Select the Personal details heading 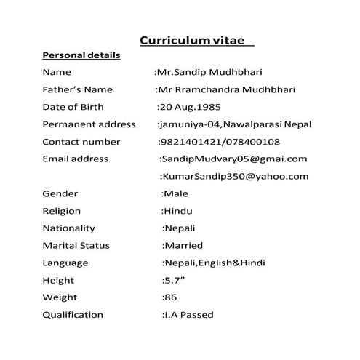tap(81, 55)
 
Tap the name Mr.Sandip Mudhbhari tap(209, 72)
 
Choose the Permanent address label tap(89, 124)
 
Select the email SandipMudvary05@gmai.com tap(234, 159)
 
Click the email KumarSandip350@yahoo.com tap(235, 176)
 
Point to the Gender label tap(60, 193)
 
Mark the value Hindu tap(177, 211)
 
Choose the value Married tap(183, 246)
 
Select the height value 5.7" tap(172, 280)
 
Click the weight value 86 tap(169, 297)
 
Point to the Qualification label tap(73, 315)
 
